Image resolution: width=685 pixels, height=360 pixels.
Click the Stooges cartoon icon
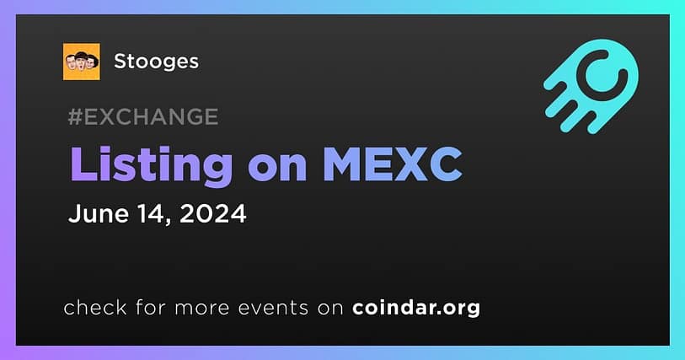pyautogui.click(x=81, y=62)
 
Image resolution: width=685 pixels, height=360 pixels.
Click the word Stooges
pyautogui.click(x=156, y=62)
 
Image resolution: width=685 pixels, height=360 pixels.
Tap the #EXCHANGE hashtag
pyautogui.click(x=143, y=116)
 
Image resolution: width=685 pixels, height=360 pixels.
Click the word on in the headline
pyautogui.click(x=277, y=166)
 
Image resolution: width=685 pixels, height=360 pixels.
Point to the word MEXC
pyautogui.click(x=393, y=164)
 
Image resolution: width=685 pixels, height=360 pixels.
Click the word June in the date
pyautogui.click(x=99, y=213)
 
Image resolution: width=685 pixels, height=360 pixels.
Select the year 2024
pyautogui.click(x=213, y=213)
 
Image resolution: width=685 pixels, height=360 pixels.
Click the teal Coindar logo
pyautogui.click(x=591, y=86)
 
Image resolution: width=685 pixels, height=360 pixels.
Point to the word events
pyautogui.click(x=273, y=309)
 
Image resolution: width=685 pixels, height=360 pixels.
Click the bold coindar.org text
pyautogui.click(x=416, y=308)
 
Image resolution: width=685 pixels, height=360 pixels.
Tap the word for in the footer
pyautogui.click(x=151, y=307)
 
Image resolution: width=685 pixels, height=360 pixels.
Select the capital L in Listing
pyautogui.click(x=83, y=164)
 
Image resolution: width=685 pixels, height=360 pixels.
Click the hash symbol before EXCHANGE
pyautogui.click(x=76, y=116)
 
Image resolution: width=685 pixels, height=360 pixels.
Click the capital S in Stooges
pyautogui.click(x=120, y=62)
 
